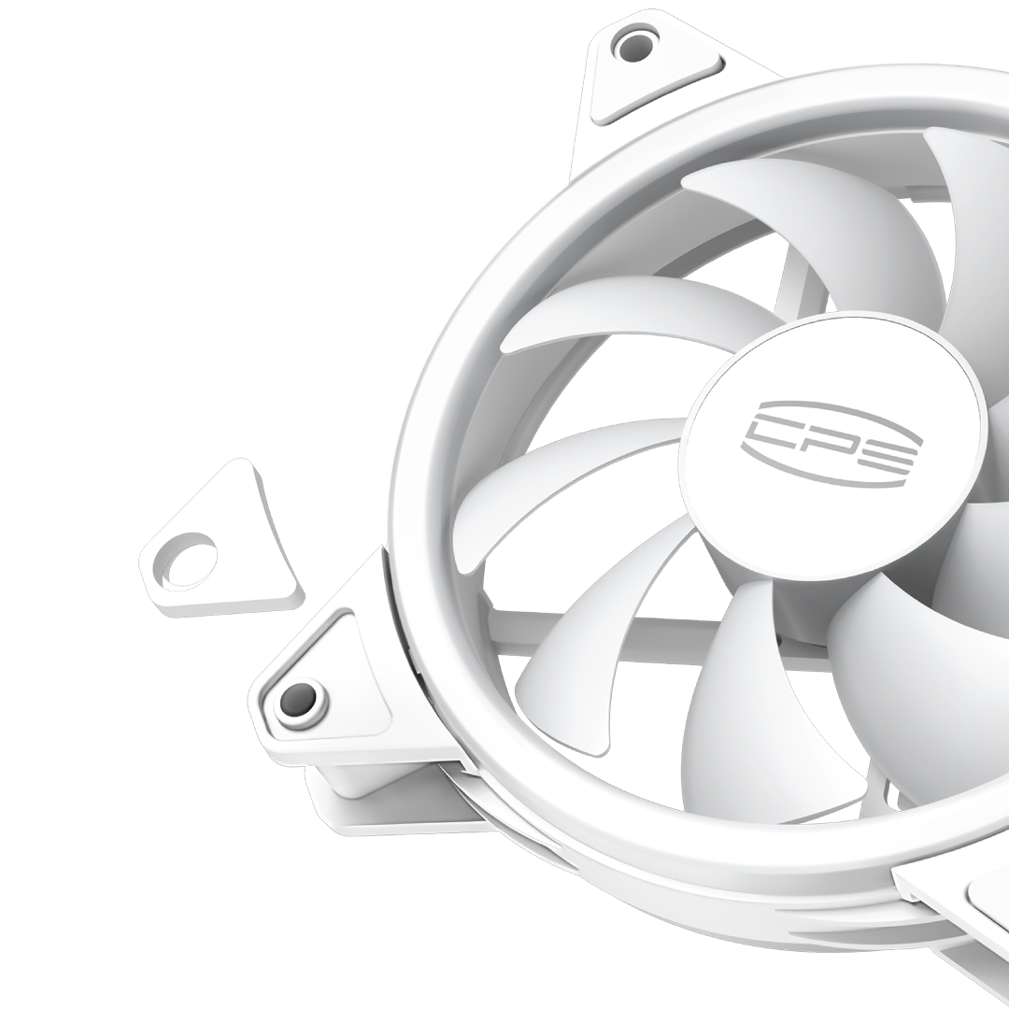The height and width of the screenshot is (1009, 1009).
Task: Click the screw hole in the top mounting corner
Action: coord(633,45)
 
